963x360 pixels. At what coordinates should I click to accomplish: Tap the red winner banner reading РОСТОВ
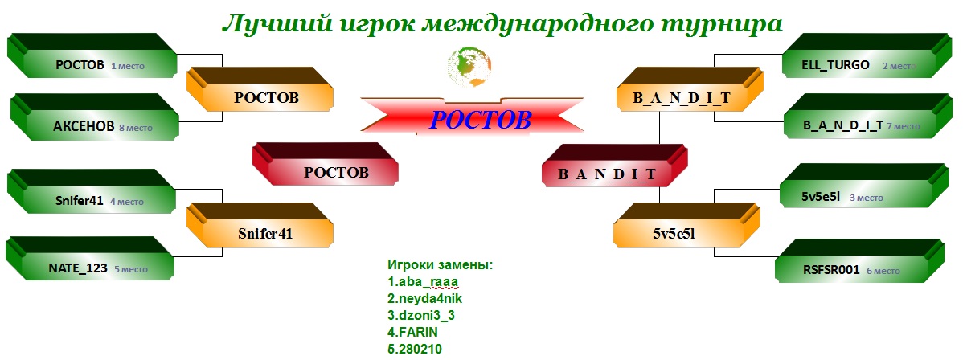472,118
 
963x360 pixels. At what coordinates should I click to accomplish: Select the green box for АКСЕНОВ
95,117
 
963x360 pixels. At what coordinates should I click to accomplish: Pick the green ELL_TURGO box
865,55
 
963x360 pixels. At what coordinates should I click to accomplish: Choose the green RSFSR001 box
860,260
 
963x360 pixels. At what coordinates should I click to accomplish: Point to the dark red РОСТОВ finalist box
326,165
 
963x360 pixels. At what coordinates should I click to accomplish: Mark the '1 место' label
128,66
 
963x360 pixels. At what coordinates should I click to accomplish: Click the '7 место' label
904,126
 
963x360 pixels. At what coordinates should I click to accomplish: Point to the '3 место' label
867,198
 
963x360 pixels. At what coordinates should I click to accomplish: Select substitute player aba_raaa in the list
423,283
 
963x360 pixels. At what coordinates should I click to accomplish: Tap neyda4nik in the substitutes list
424,299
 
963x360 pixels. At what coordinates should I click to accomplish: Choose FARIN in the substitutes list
412,333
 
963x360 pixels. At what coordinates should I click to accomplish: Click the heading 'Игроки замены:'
441,265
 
